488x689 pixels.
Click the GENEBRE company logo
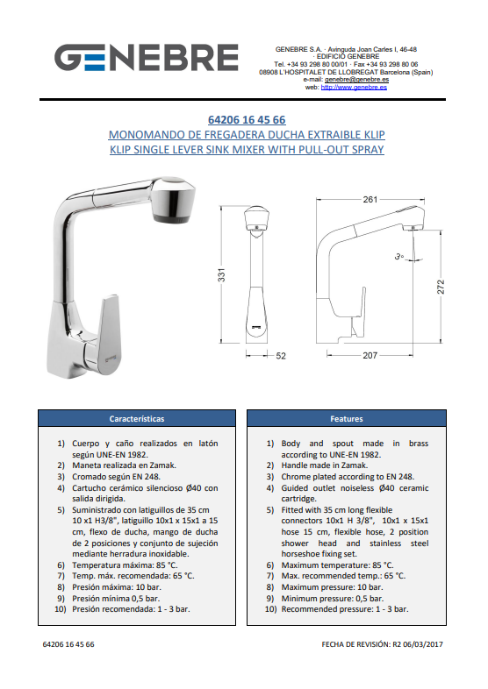146,57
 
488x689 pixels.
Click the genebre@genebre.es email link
356,80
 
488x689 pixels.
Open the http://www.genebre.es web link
354,88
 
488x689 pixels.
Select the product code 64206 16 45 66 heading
247,119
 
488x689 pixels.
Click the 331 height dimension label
221,274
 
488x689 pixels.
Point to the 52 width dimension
281,356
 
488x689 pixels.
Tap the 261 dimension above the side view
370,200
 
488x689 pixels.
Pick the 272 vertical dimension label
441,287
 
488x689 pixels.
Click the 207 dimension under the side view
370,356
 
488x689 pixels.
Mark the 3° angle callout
398,256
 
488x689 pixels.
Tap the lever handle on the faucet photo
107,334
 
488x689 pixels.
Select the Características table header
137,419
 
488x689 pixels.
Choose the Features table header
347,419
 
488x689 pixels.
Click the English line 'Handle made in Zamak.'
324,465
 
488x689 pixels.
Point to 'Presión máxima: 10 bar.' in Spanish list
117,587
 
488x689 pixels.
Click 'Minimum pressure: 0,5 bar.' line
333,599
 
